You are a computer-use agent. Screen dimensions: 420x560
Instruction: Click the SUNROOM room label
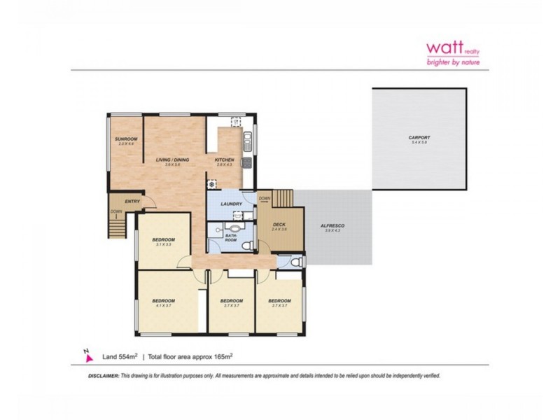(x=127, y=139)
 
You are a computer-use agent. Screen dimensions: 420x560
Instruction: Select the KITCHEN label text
(x=224, y=160)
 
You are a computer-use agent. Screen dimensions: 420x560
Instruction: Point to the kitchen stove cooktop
(x=246, y=163)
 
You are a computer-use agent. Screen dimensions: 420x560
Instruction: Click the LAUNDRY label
(x=231, y=204)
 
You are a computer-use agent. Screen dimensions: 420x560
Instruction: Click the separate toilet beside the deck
(x=297, y=262)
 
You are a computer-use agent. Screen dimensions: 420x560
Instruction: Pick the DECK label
(x=279, y=224)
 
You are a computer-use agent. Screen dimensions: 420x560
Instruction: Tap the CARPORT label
(x=419, y=137)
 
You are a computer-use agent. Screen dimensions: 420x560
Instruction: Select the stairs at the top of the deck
(x=282, y=198)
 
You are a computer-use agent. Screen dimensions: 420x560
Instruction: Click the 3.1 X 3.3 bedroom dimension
(x=163, y=244)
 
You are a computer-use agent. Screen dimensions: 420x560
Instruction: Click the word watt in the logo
(x=444, y=48)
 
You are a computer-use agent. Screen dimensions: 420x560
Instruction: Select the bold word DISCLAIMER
(x=104, y=376)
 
